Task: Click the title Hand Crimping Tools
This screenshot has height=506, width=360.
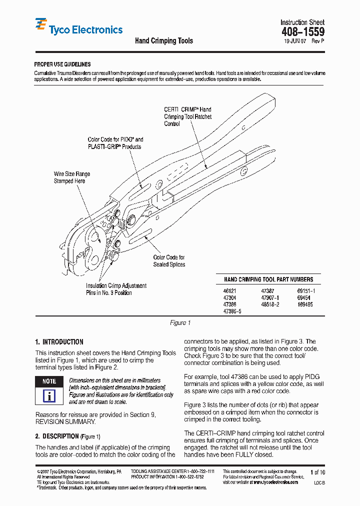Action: (x=164, y=40)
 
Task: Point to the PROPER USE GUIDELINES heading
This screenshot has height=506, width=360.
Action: (x=62, y=64)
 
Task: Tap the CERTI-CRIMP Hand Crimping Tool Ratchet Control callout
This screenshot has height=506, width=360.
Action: (x=187, y=116)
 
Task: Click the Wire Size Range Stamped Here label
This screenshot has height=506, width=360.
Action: (x=72, y=177)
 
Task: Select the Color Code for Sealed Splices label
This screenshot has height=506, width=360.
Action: (x=169, y=261)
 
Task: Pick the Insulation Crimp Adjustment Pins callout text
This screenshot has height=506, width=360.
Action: (x=116, y=289)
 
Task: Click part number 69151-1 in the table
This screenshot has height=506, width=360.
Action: (x=306, y=290)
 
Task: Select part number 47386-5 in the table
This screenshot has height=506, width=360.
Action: (x=232, y=311)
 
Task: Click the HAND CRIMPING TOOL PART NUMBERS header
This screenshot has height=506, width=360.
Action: (x=268, y=279)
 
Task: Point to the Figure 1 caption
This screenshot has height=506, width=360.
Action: (x=180, y=323)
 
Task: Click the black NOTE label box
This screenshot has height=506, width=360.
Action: (x=49, y=381)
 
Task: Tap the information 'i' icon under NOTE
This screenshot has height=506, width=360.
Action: (x=49, y=396)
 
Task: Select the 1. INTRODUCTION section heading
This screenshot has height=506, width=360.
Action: (x=59, y=342)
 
